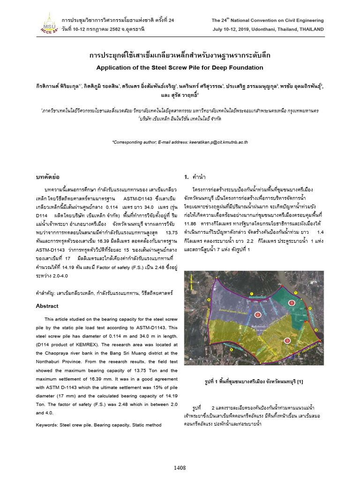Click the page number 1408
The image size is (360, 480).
[x=180, y=467]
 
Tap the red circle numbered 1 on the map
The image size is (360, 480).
[x=292, y=303]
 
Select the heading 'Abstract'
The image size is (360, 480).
[x=47, y=306]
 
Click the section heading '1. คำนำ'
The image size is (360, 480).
[x=193, y=177]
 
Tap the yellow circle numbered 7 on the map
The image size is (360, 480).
[x=252, y=293]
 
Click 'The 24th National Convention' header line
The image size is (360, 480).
[x=267, y=21]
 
